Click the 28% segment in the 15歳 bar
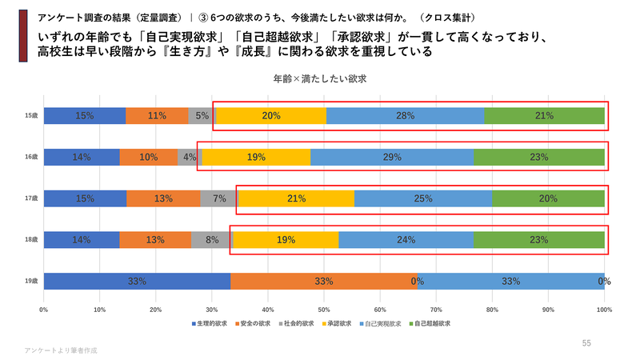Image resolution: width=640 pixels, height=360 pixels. coord(405,116)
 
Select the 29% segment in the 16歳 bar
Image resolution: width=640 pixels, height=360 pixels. coord(392,158)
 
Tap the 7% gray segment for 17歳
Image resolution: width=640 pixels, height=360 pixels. coord(218,198)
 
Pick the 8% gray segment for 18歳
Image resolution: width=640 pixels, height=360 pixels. coord(211,239)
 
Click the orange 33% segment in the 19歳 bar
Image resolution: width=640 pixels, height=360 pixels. coord(324,281)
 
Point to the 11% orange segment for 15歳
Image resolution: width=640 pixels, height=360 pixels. coord(157,116)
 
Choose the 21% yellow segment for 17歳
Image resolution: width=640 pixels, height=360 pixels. coord(296,198)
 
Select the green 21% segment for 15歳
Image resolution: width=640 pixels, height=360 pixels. coord(544,116)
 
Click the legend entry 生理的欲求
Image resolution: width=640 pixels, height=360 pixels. coord(210,324)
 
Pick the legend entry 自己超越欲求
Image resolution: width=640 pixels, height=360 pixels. coord(430,324)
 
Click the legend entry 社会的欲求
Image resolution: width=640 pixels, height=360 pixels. coord(298,324)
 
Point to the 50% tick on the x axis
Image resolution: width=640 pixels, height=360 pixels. coord(324,308)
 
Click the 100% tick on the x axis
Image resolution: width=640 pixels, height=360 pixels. coord(604,308)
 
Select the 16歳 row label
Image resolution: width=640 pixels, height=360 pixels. coord(31,158)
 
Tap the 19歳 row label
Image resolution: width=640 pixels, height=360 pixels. coord(31,281)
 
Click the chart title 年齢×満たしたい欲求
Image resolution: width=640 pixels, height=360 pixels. coord(319,80)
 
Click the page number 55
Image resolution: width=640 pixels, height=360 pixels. coord(586,343)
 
